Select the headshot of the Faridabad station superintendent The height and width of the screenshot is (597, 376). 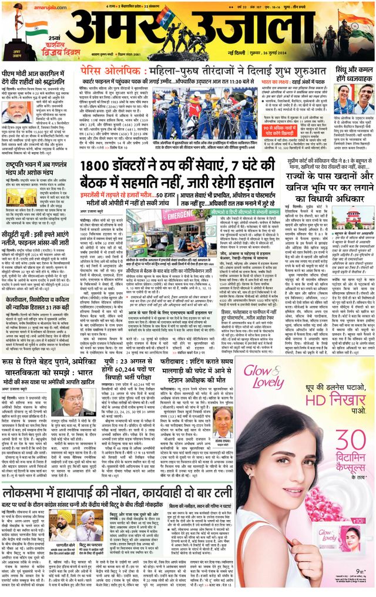[x=219, y=420]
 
